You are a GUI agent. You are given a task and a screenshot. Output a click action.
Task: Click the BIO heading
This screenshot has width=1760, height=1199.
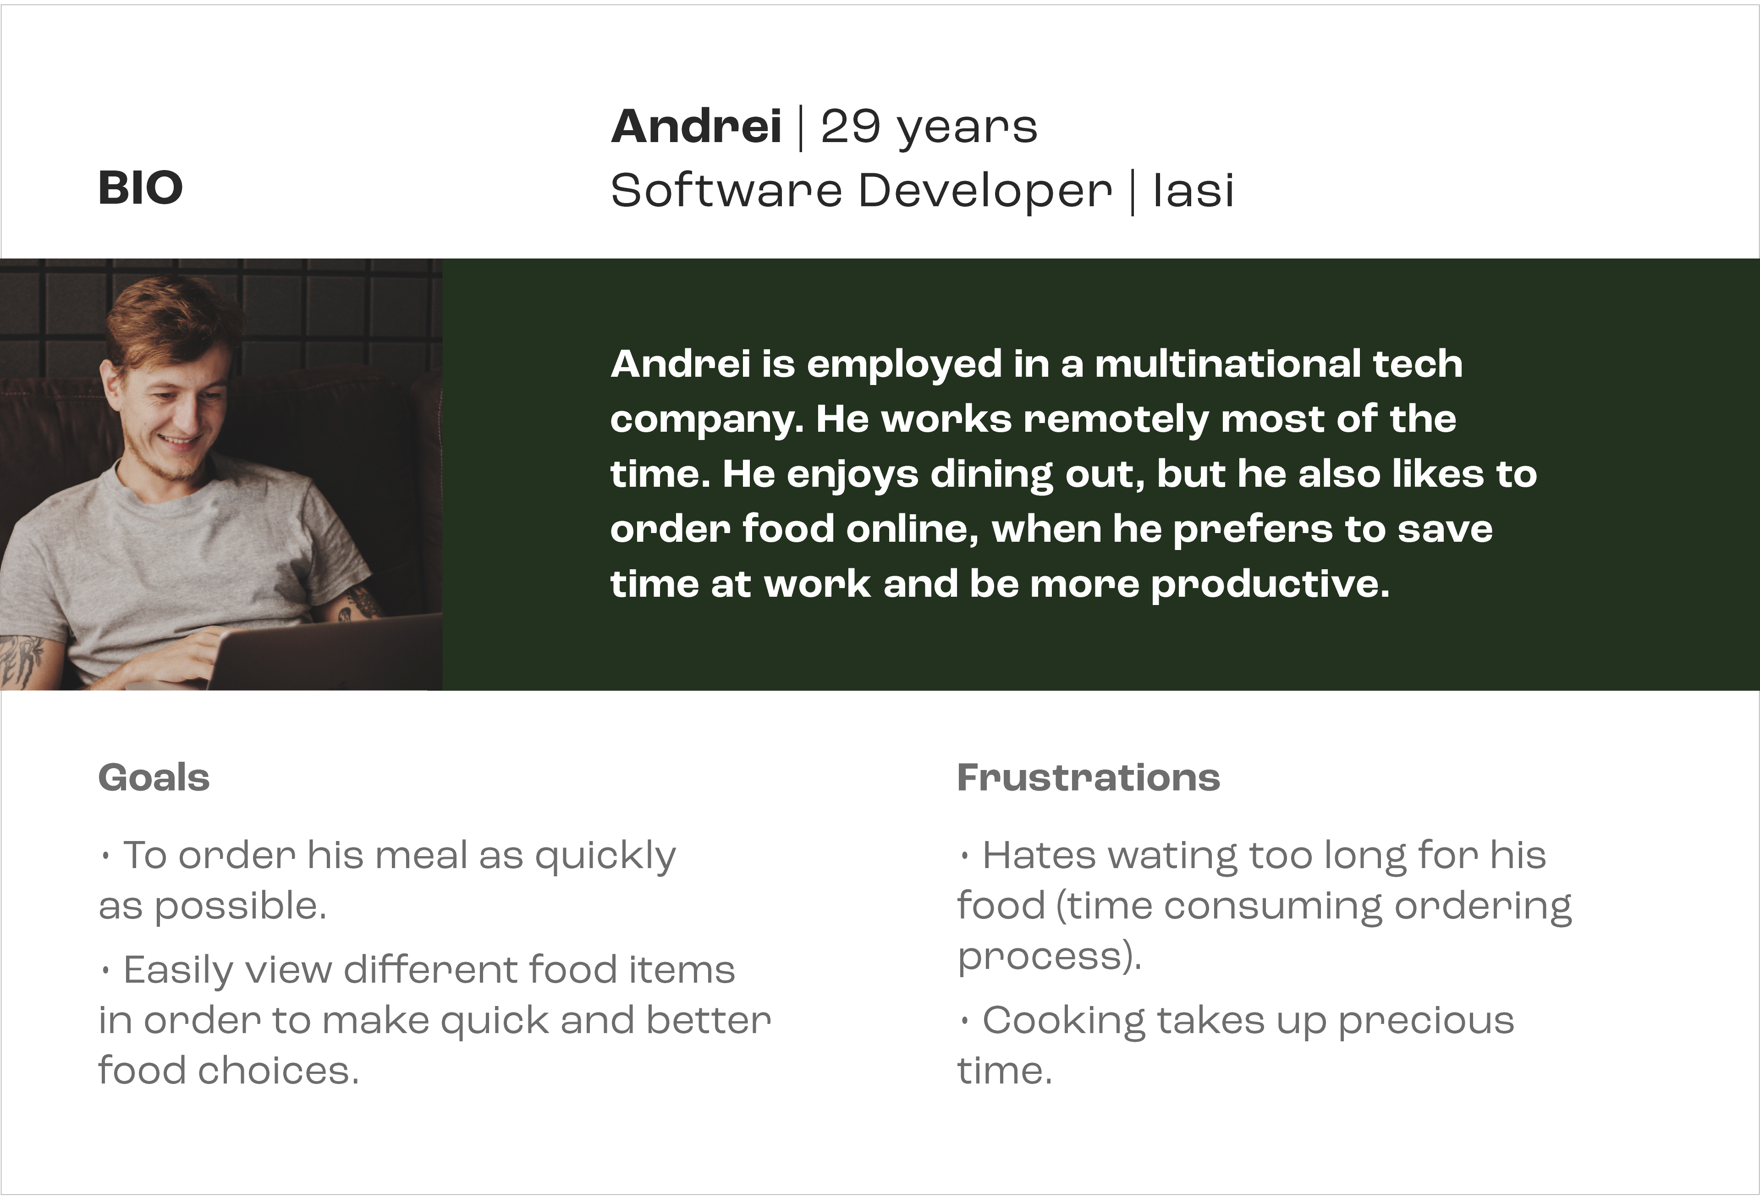click(x=140, y=188)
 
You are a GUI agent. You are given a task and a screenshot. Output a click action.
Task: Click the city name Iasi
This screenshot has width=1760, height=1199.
click(x=1193, y=190)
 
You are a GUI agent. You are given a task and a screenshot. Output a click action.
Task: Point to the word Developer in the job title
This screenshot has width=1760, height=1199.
click(x=985, y=191)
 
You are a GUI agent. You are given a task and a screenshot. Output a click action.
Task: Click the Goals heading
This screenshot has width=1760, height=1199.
click(x=154, y=778)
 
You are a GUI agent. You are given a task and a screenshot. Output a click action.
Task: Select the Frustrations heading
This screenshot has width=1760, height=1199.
click(x=1088, y=778)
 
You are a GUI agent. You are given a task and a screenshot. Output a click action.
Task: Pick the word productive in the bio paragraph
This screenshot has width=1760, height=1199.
click(x=1270, y=584)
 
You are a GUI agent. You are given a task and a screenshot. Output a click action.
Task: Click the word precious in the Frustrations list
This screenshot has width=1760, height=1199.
click(x=1426, y=1022)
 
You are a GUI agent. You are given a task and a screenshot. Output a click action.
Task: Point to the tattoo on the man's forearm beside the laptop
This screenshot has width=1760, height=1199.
click(x=362, y=604)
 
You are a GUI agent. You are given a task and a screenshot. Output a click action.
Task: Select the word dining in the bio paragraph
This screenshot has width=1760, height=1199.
click(x=991, y=475)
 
